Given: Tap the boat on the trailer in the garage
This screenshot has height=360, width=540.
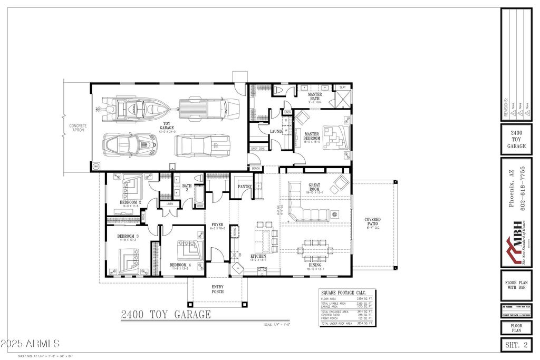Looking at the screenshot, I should coord(132,109).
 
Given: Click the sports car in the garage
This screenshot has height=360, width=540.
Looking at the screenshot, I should coord(129,143).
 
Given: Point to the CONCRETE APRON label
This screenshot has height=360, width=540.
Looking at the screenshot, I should coord(78,128).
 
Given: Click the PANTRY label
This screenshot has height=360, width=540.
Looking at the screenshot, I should coord(245,186).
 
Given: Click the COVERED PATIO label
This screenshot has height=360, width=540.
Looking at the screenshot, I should coord(372,222).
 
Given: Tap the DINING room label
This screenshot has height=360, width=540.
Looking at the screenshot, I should coord(315,265).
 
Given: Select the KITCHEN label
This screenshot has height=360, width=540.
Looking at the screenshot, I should coord(258,256).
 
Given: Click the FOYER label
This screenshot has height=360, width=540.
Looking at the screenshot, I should coord(218,225).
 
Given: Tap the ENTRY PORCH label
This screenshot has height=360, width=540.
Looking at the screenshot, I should coord(217,289).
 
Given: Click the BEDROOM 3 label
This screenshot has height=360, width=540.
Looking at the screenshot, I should coord(128,236).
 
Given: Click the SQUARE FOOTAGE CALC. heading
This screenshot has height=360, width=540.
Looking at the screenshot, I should coord(347,294).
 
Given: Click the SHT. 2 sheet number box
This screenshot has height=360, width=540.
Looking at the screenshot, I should coord(516,345).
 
